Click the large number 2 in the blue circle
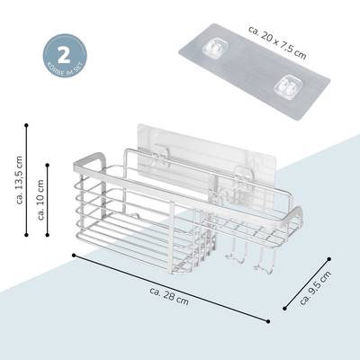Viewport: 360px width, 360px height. point(63,54)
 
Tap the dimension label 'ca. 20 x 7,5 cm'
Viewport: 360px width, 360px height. point(277,42)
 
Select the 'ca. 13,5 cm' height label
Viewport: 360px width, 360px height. point(20,180)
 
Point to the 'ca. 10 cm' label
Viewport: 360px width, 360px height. point(40,200)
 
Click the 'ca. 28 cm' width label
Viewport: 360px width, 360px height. point(169,296)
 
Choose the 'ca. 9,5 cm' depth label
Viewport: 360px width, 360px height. point(315,288)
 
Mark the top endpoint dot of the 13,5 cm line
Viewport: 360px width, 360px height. point(26,125)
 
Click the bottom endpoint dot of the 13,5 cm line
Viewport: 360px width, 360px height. point(26,235)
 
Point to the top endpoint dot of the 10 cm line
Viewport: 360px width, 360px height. point(48,165)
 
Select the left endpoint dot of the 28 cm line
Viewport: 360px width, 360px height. point(74,255)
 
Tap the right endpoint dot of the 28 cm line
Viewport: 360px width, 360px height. point(268,321)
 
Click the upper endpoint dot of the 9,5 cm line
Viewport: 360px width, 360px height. point(329,258)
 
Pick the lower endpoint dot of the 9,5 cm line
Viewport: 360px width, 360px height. point(284,308)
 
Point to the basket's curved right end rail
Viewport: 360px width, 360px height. point(296,217)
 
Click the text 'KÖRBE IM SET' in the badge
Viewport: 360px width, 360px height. point(65,68)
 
